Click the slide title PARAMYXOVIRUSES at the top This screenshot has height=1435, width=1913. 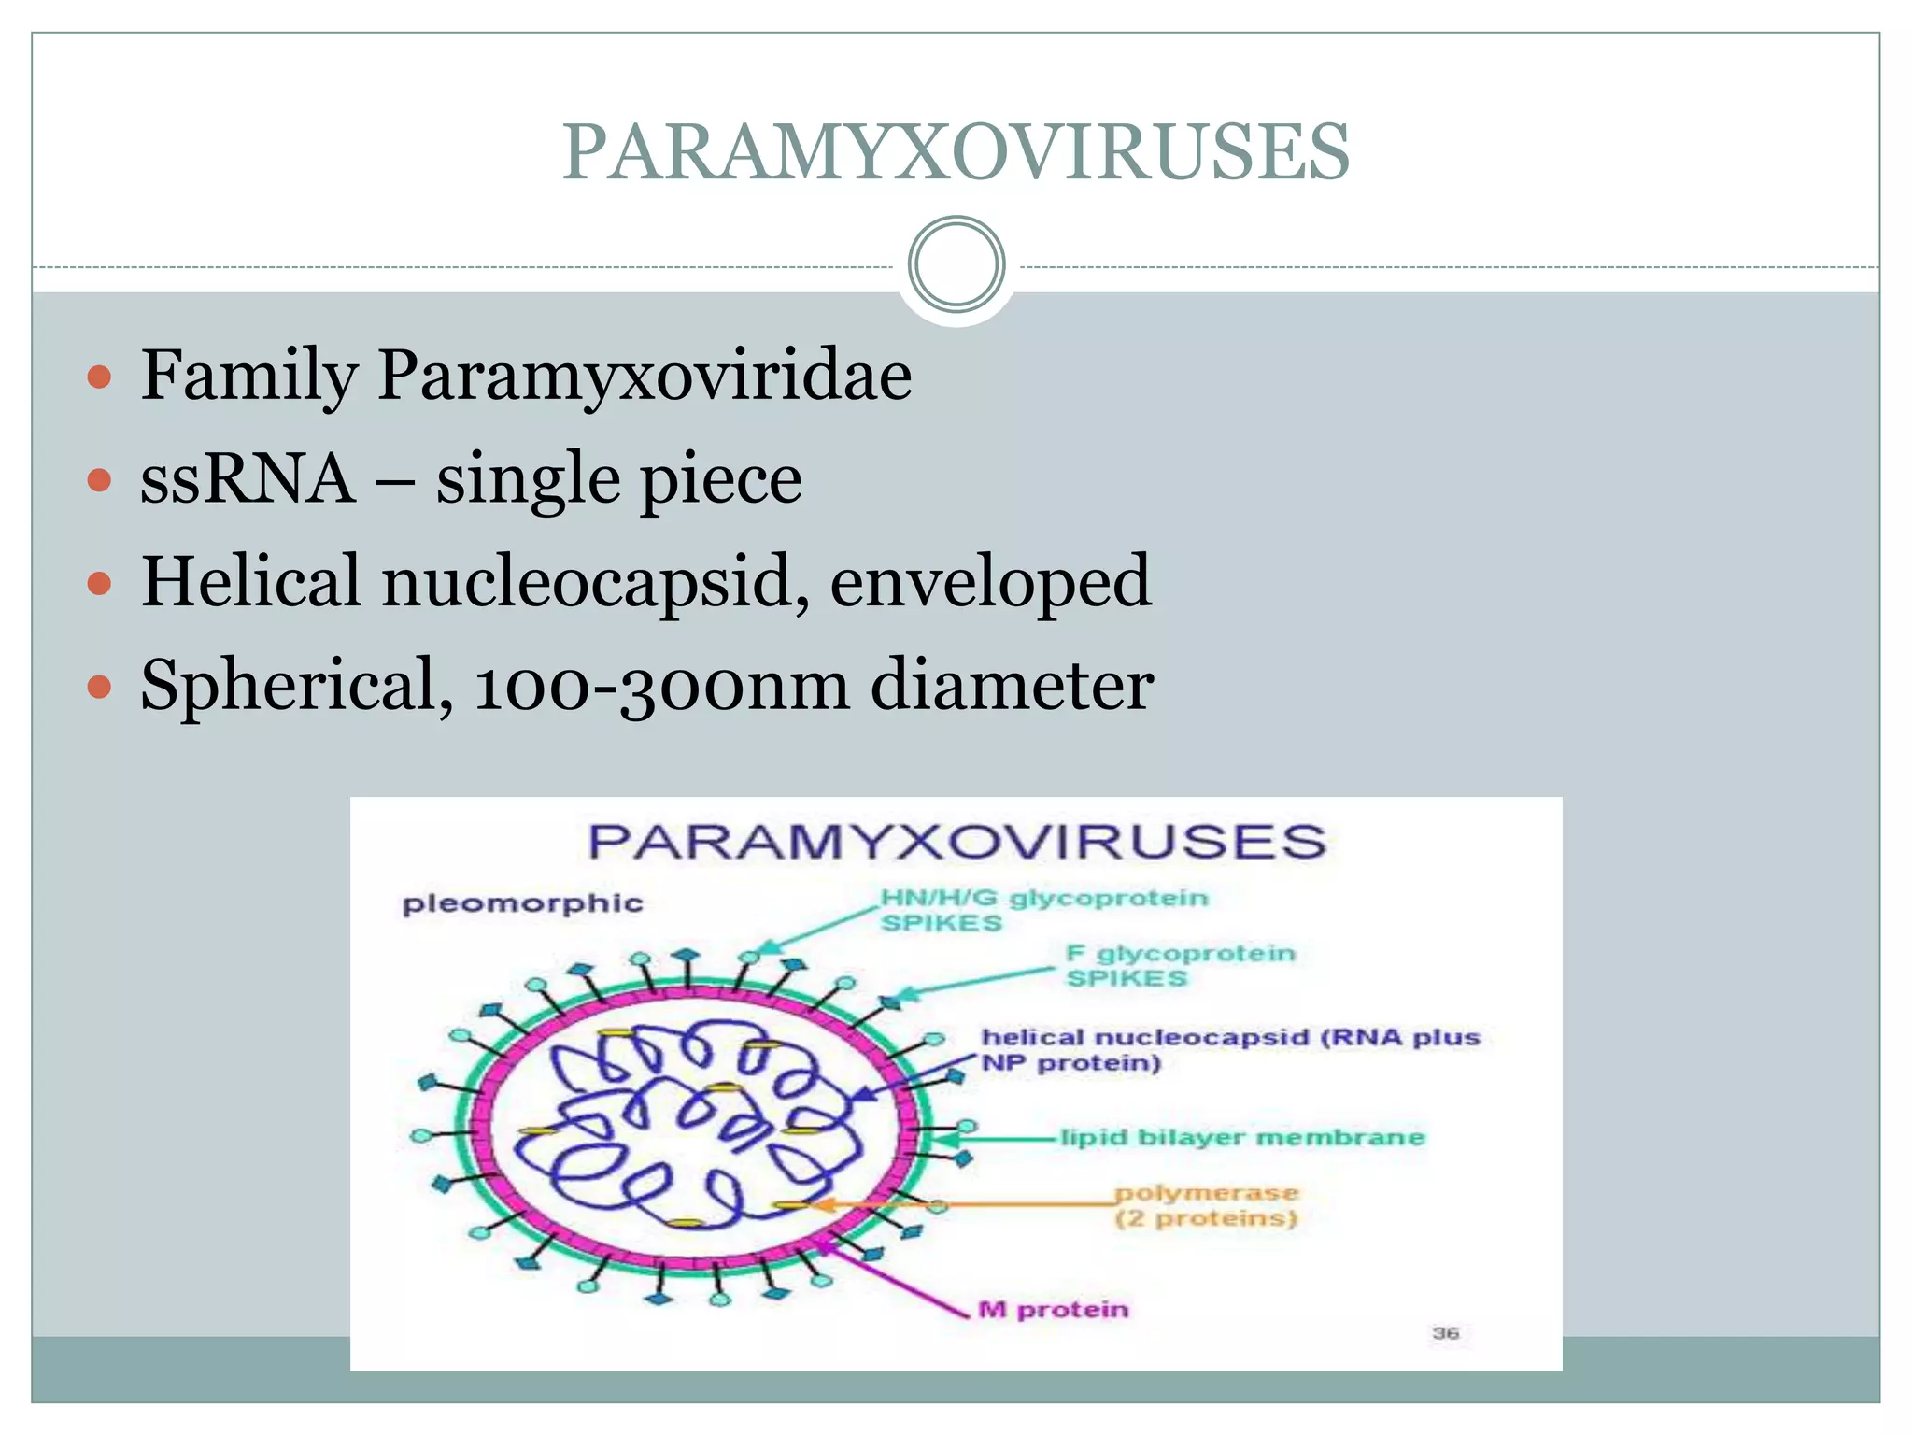pos(956,152)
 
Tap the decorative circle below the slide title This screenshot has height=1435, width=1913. pos(956,264)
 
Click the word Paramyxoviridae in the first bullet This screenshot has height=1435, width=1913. pos(645,376)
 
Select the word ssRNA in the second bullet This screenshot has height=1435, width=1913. pos(248,478)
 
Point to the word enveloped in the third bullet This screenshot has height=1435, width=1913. pos(990,581)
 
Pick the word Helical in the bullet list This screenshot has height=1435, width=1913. pos(250,581)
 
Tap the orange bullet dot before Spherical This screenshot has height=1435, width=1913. pos(99,688)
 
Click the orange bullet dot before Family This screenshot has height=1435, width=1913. pos(99,377)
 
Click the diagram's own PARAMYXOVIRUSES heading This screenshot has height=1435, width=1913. pos(956,841)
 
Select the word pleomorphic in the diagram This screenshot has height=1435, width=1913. pos(522,903)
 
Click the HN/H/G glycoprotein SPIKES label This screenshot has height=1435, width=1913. pos(1043,910)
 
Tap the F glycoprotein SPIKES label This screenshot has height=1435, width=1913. pos(1180,965)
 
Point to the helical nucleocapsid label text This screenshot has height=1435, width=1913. pos(1229,1049)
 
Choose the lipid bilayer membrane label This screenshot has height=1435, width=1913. pos(1242,1137)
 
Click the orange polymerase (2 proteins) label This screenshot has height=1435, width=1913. pos(1206,1205)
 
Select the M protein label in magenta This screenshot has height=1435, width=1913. pos(1053,1310)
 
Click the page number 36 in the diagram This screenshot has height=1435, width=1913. pos(1445,1332)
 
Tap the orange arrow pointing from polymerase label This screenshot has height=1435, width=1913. pos(962,1205)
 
